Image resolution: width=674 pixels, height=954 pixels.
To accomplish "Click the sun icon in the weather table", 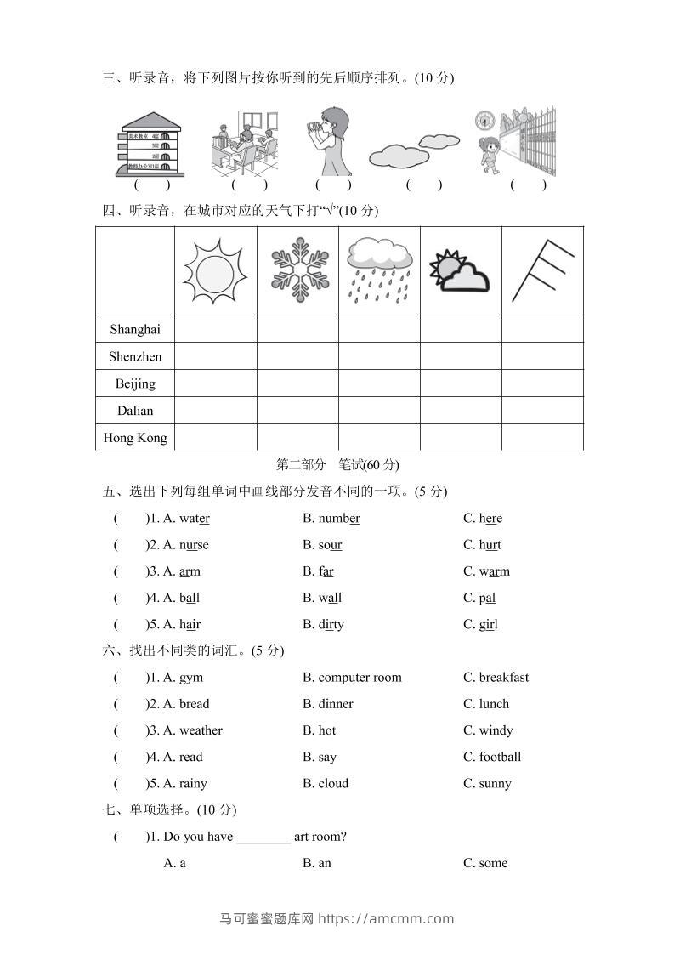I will coord(215,271).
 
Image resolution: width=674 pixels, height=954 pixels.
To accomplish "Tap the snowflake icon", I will coord(297,270).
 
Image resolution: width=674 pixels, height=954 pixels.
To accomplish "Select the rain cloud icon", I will coord(379,270).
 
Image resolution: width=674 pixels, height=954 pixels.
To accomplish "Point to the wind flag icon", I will coord(543,270).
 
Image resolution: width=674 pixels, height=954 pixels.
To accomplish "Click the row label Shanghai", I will coord(135,329).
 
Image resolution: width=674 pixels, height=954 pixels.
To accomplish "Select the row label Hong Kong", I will coord(135,438).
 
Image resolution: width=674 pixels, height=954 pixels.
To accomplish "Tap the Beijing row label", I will coord(135,383).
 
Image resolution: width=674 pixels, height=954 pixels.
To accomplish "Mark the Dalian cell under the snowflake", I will coord(297,411).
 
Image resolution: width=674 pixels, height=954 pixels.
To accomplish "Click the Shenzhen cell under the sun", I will coord(215,356).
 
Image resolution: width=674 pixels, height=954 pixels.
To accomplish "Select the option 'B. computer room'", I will coord(352,678).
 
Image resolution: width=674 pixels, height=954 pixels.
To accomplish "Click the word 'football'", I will coord(500,757).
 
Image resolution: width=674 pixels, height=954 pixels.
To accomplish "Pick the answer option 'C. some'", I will coord(485,863).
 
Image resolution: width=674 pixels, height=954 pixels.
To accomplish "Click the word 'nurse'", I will coord(194,545).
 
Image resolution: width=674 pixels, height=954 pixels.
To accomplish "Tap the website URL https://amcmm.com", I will coord(386,918).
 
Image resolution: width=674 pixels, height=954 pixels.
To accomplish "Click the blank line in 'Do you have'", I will coord(263,838).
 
